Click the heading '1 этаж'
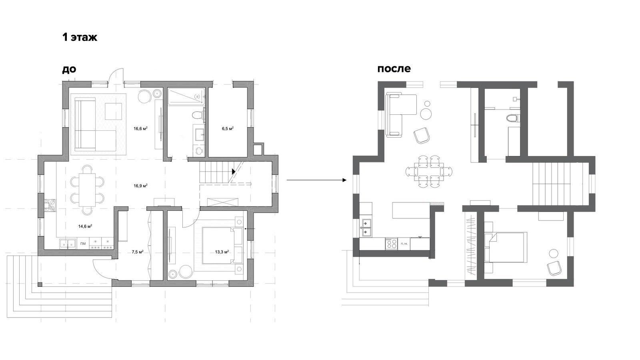80,38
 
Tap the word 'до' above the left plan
69,69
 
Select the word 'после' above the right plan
394,69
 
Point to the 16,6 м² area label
140,128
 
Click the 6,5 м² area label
228,128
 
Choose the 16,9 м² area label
140,186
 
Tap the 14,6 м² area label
85,226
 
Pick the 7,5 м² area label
138,252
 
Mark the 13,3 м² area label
222,252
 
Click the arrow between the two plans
316,180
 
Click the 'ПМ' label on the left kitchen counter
83,244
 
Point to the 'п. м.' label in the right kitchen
404,244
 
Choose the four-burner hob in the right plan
391,244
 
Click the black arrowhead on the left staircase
234,172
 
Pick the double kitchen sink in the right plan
366,228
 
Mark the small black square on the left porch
40,284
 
